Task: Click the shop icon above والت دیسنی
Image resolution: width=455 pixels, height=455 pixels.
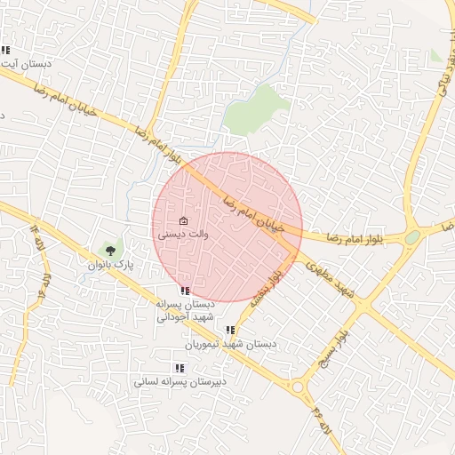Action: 184,221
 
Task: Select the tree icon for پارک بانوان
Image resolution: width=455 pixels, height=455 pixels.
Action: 110,251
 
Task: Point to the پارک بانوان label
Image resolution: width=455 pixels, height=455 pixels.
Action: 110,265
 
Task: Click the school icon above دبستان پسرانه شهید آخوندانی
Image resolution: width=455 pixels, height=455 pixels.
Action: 185,291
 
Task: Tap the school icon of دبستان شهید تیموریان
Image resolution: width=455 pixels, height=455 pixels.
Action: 230,330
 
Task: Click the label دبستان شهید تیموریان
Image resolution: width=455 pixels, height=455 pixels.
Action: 231,344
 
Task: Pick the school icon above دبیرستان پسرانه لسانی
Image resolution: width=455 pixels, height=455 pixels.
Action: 180,368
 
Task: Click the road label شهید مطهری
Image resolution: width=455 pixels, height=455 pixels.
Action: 332,282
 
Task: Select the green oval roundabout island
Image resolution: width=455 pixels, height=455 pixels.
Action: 412,237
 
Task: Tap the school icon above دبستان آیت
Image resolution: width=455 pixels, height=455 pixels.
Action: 6,51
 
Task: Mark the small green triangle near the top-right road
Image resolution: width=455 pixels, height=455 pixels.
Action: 435,55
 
